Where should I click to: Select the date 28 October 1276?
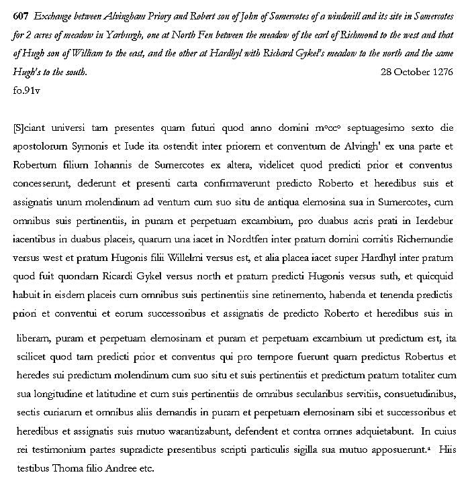pyautogui.click(x=416, y=72)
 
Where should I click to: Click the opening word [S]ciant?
pyautogui.click(x=32, y=127)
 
